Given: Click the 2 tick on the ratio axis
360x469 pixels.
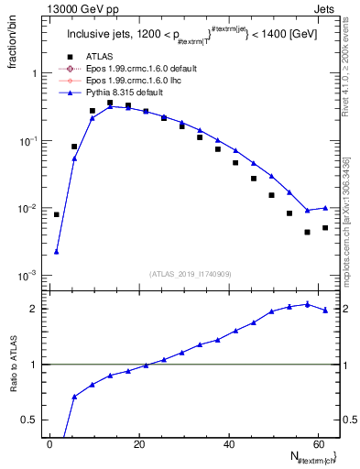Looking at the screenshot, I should [x=38, y=309].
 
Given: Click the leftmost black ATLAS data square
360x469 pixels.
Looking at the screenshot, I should [x=56, y=214].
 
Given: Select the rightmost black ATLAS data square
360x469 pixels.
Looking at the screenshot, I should [x=325, y=227].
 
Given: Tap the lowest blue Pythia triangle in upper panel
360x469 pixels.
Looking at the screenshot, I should [x=56, y=251].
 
